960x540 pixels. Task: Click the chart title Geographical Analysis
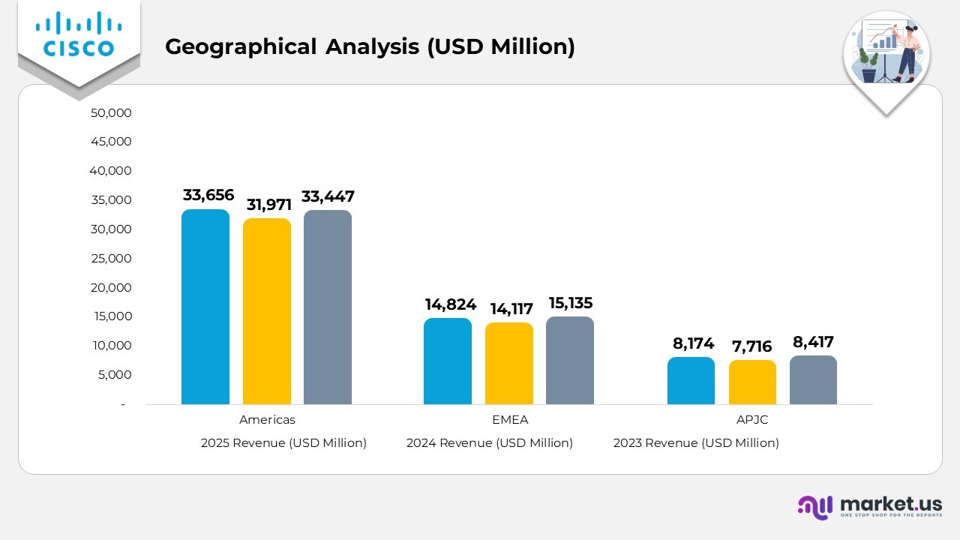pos(370,46)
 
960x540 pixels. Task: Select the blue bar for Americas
pos(205,307)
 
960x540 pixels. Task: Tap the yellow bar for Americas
pos(266,311)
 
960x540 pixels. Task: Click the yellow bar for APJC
pos(752,382)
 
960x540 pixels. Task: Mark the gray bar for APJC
pos(813,379)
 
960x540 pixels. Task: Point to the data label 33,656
pos(208,195)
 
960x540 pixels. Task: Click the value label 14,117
pos(511,308)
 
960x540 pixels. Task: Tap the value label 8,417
pos(813,342)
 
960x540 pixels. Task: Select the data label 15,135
pos(571,303)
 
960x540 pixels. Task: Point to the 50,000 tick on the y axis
pos(111,113)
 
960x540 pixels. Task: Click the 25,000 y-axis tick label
pos(111,259)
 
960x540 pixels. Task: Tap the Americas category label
pos(267,420)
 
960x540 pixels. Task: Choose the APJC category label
pos(752,420)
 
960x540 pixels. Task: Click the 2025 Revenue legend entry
pos(283,443)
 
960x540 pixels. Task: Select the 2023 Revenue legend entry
pos(696,443)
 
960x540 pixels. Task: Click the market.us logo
pos(870,507)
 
